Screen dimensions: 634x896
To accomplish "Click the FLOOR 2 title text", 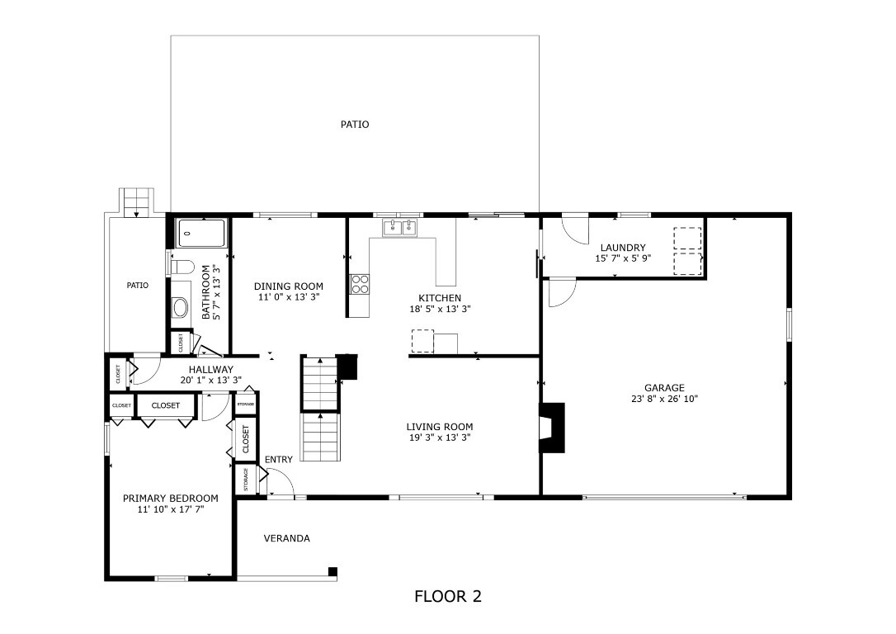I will click(447, 597).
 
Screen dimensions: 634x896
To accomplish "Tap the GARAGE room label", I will click(664, 387).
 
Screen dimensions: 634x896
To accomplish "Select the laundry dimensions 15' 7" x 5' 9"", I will click(623, 258).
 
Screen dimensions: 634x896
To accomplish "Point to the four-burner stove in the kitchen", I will click(360, 284).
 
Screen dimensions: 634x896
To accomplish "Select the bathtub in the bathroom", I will click(202, 234).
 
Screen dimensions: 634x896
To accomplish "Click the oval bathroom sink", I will click(180, 308).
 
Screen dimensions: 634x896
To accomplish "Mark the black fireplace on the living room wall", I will click(552, 427).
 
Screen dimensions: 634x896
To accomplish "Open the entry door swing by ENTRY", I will click(280, 482).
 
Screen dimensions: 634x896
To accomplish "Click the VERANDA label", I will click(286, 538).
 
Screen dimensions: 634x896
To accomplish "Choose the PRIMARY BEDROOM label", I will click(170, 499).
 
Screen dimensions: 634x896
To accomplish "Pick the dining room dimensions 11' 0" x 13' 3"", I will click(288, 297).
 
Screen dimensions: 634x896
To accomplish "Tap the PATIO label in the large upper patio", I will click(355, 125).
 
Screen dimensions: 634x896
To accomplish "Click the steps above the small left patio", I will click(137, 201).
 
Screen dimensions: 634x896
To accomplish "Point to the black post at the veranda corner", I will click(332, 571).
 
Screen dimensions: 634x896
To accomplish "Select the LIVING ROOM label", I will click(439, 427).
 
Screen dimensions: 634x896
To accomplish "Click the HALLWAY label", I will click(210, 370).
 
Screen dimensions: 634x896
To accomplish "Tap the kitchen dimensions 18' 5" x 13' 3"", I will click(440, 309).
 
